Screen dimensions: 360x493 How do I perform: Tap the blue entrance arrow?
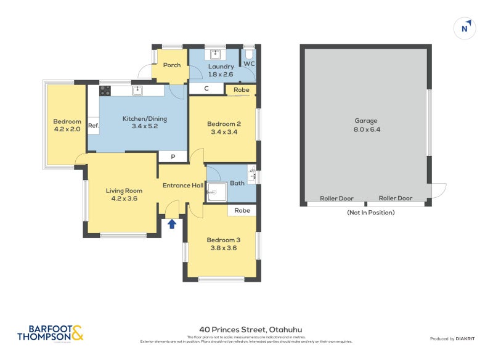pos(172,224)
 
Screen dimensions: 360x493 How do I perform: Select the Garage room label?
pos(365,121)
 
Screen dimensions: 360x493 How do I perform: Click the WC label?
pos(249,63)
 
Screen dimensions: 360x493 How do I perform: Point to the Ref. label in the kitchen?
pos(93,126)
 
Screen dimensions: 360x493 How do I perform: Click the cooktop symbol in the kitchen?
pos(105,91)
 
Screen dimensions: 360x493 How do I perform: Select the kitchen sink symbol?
pos(137,91)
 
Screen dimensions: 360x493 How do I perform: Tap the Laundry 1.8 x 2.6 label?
pos(221,70)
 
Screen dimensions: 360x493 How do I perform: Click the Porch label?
pos(172,65)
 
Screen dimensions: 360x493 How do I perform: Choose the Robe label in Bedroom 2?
pos(242,90)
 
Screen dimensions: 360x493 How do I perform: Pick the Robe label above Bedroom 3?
pos(242,210)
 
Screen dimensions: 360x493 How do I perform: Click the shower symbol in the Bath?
pos(216,192)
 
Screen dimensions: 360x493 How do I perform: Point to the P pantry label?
pos(173,157)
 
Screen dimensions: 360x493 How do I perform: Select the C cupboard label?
pos(206,89)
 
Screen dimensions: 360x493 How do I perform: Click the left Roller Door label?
pos(336,198)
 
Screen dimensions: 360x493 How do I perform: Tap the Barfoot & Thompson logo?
pos(50,333)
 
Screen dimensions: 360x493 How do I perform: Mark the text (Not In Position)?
pos(370,213)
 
